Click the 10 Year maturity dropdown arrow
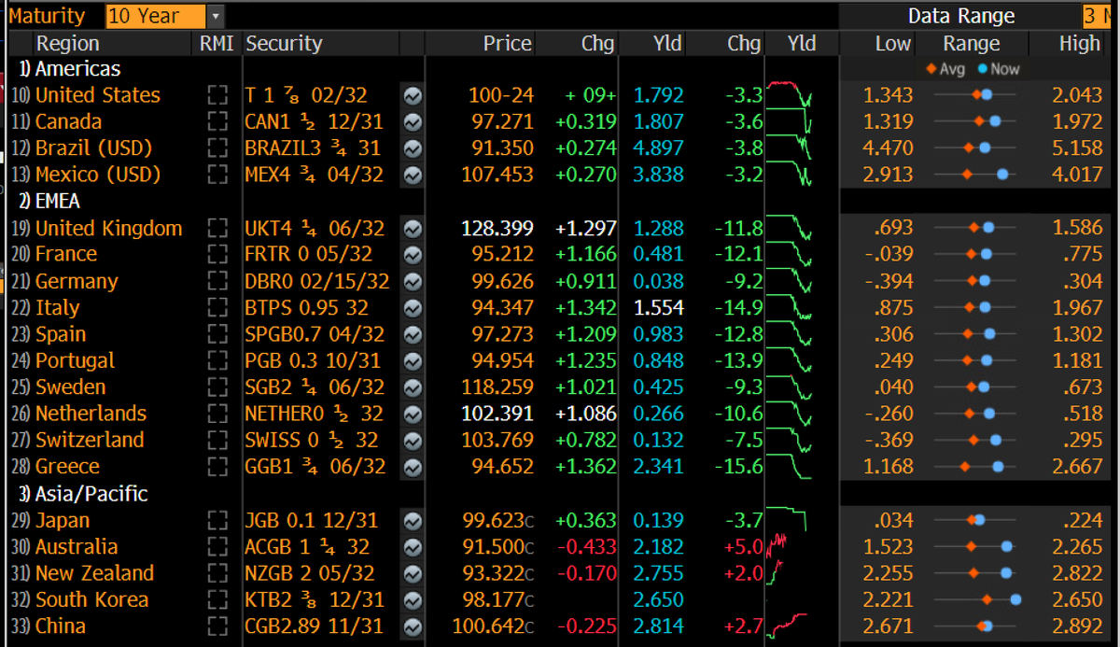216,16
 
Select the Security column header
284,44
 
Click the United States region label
97,95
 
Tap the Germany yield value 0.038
658,281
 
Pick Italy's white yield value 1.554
658,307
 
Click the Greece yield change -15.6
739,467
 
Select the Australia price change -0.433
587,546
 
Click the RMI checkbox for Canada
217,121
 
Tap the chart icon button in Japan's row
413,521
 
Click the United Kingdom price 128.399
497,229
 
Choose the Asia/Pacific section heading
83,494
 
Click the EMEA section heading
49,201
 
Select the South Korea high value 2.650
1077,599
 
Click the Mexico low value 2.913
888,175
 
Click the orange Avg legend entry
945,69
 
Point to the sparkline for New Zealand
775,573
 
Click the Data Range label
961,16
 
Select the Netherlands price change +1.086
586,414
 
